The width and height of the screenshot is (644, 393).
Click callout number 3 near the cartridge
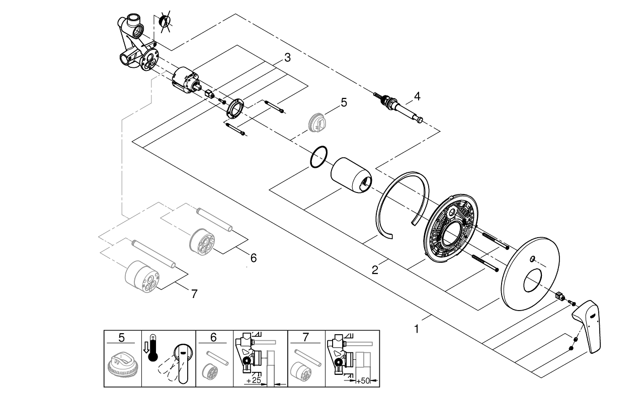[287, 58]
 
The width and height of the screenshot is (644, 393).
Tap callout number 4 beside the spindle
[417, 95]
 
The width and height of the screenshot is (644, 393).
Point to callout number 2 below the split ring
[375, 270]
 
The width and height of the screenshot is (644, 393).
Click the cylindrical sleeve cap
[352, 175]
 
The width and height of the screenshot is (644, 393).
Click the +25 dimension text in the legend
[256, 381]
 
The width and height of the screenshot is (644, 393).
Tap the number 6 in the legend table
[213, 337]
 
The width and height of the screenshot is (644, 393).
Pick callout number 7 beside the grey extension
[195, 294]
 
